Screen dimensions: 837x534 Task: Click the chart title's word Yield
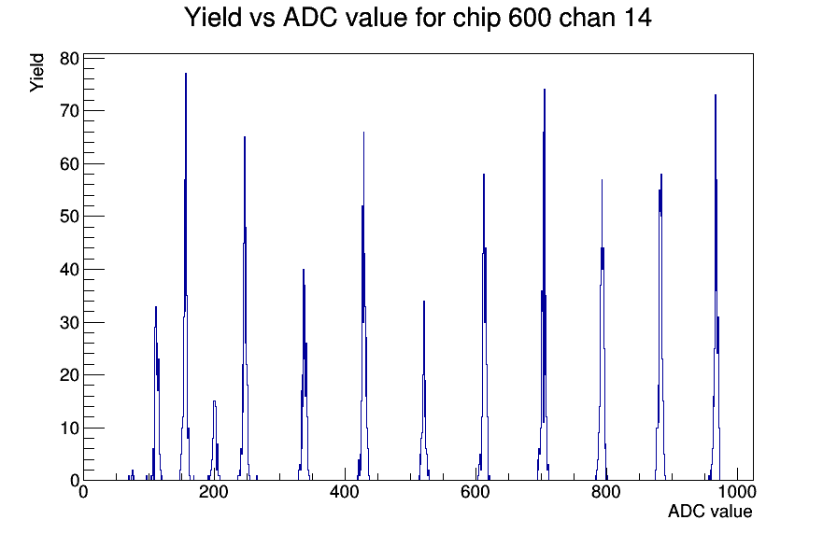[x=213, y=18]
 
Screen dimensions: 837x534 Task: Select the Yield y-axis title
[x=36, y=73]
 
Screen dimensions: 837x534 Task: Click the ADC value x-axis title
[x=710, y=511]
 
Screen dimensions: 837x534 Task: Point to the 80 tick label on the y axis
[x=69, y=58]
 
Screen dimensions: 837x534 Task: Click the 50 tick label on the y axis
[x=69, y=217]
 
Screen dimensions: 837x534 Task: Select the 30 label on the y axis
[x=69, y=322]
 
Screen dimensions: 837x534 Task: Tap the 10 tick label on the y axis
[x=69, y=428]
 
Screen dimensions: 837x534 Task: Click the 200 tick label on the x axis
[x=214, y=491]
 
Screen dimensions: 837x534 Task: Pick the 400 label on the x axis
[x=345, y=491]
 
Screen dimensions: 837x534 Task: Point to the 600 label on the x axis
[x=475, y=491]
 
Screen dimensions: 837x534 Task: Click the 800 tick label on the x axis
[x=606, y=491]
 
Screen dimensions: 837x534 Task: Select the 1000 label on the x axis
[x=737, y=491]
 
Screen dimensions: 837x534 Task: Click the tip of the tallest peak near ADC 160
[x=186, y=74]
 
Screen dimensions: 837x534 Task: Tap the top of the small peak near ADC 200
[x=214, y=401]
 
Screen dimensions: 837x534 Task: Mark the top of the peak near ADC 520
[x=424, y=302]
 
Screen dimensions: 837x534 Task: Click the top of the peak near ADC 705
[x=545, y=90]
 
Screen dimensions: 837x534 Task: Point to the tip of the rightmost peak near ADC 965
[x=716, y=95]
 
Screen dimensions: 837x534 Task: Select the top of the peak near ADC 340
[x=304, y=270]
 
